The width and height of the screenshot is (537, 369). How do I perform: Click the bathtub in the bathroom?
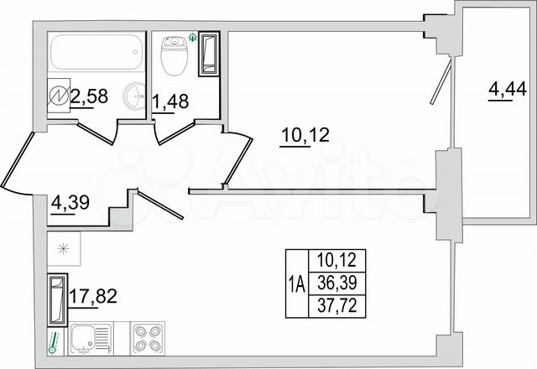94,54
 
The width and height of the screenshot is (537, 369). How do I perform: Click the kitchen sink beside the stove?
86,339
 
